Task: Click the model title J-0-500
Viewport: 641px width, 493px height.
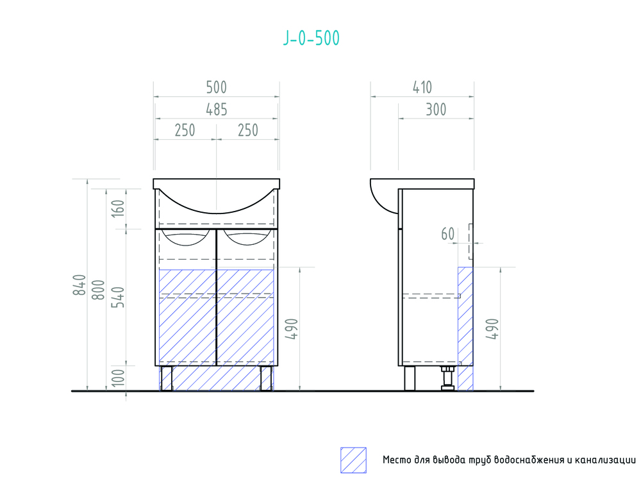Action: coord(311,38)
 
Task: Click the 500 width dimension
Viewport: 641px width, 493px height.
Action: coord(216,87)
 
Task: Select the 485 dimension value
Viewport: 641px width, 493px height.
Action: coord(216,110)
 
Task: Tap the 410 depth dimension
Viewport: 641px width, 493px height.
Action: coord(422,87)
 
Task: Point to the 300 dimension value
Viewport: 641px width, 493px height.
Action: coord(436,110)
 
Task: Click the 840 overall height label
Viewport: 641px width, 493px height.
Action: coord(79,285)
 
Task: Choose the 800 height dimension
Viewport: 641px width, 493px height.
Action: coord(98,290)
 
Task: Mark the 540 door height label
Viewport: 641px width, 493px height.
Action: coord(118,297)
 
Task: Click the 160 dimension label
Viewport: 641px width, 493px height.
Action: coord(118,208)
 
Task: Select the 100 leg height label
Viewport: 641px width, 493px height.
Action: coord(118,378)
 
